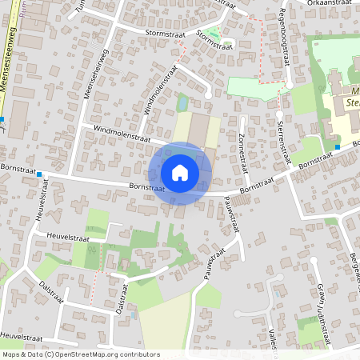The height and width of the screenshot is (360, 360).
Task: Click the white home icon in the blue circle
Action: pyautogui.click(x=180, y=173)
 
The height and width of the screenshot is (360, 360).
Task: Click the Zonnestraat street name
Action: pyautogui.click(x=242, y=148)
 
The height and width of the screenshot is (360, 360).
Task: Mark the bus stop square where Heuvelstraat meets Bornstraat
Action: pyautogui.click(x=38, y=174)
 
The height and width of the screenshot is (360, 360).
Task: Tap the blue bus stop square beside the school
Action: pyautogui.click(x=338, y=147)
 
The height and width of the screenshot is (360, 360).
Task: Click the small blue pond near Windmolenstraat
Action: pyautogui.click(x=182, y=102)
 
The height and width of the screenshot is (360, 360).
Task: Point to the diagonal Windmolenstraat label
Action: pyautogui.click(x=158, y=91)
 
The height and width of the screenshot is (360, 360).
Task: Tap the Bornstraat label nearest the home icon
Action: pyautogui.click(x=146, y=188)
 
